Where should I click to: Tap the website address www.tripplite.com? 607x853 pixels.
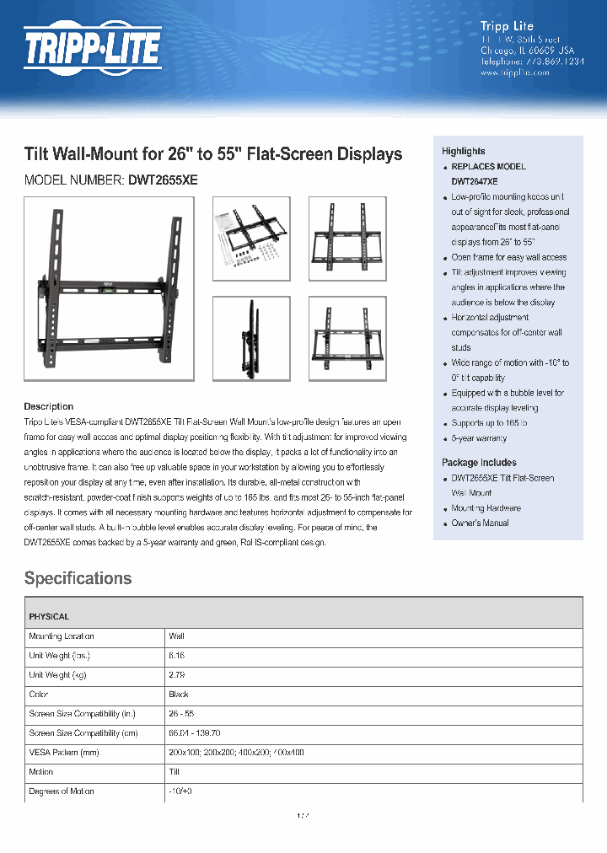point(514,73)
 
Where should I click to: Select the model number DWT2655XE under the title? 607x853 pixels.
point(163,180)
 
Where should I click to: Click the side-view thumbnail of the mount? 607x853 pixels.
point(251,338)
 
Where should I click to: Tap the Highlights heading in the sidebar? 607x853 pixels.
point(464,151)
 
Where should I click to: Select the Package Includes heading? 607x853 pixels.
point(479,463)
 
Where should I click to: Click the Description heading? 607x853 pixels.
point(48,406)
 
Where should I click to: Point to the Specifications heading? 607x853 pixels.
point(78,578)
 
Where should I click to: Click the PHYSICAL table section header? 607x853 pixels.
point(49,617)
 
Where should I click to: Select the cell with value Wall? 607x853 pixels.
point(176,636)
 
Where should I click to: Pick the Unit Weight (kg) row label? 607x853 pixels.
point(62,675)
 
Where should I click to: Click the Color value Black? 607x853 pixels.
point(179,695)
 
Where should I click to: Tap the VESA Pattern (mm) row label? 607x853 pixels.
point(64,752)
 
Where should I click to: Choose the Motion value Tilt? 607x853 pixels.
point(175,771)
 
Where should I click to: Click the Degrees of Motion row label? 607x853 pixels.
point(62,791)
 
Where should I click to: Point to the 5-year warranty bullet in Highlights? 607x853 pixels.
point(479,438)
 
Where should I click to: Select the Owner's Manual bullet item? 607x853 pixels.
point(480,523)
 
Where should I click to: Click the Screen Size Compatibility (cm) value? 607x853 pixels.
point(195,733)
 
